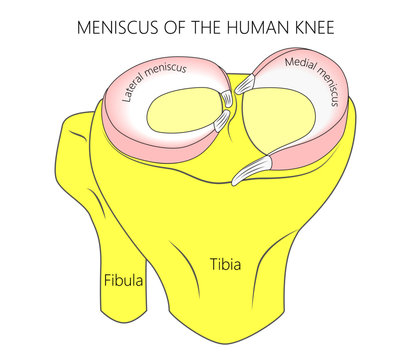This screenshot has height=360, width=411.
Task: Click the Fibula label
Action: click(124, 281)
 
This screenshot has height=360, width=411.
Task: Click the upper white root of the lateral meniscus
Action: click(228, 97)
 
